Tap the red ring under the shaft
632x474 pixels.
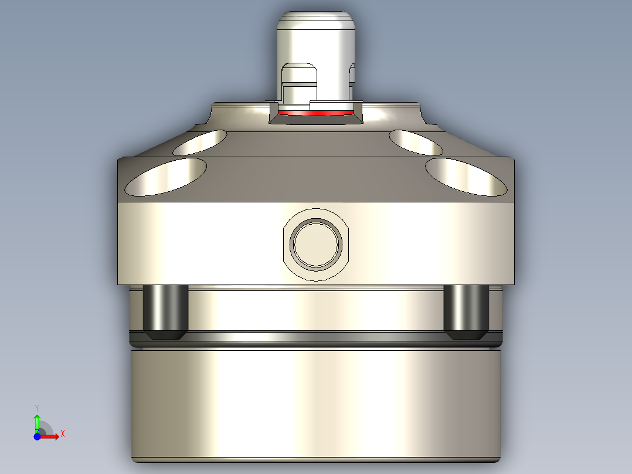pos(317,112)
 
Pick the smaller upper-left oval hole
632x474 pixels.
pos(201,143)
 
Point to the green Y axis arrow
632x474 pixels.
pos(37,421)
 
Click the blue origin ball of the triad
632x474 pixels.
pos(37,436)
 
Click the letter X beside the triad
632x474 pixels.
pos(62,434)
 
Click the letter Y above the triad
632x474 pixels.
pos(36,407)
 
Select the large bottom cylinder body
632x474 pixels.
pos(317,405)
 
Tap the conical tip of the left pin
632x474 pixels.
pos(165,336)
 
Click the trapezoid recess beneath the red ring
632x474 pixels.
pos(317,119)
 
